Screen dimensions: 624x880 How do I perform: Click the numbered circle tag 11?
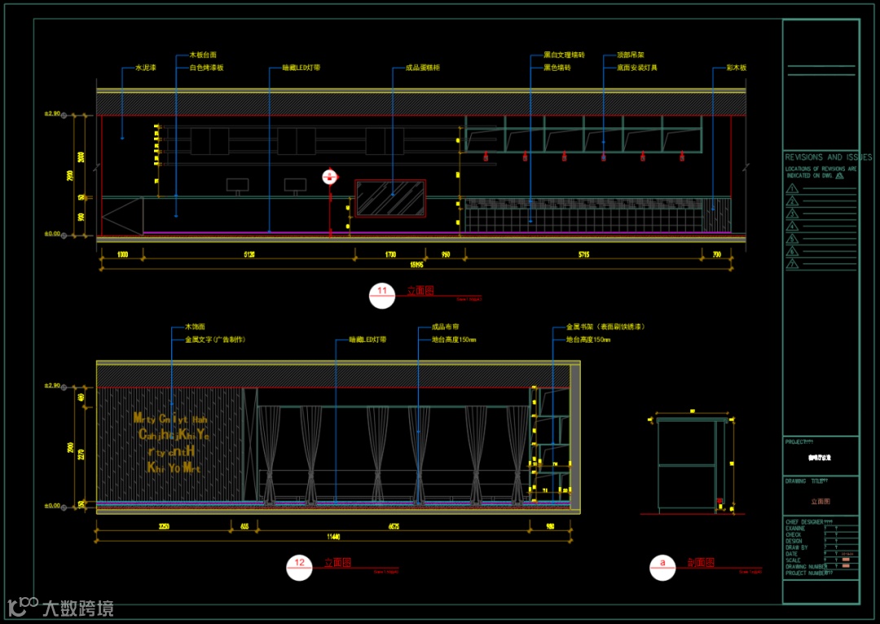[x=381, y=295]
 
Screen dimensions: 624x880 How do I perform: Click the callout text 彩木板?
[x=736, y=68]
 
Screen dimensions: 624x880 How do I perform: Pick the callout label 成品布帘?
[x=445, y=327]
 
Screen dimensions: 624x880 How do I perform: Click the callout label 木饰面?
[x=195, y=327]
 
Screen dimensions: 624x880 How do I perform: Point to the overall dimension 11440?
[x=333, y=537]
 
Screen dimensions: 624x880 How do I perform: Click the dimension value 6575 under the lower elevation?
[x=393, y=527]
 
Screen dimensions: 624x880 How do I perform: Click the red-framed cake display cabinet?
[x=390, y=198]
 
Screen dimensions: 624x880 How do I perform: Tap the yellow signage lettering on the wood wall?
[x=171, y=443]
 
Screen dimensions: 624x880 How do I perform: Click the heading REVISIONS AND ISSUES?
[x=828, y=157]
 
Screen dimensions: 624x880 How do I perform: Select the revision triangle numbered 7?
[x=792, y=265]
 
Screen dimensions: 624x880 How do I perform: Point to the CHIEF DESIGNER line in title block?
[x=808, y=520]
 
